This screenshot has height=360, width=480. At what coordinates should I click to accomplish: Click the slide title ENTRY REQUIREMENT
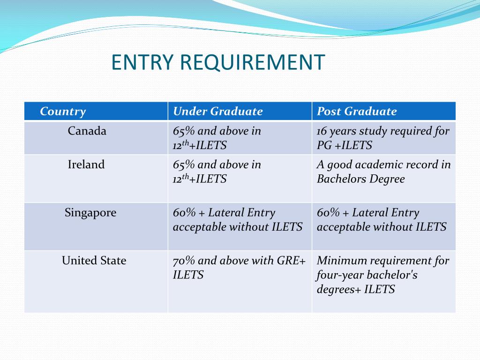(218, 63)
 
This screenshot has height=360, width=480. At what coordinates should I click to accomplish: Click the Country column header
(63, 112)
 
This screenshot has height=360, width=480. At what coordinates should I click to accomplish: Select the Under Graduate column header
(217, 112)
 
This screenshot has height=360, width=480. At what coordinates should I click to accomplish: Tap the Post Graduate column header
(357, 112)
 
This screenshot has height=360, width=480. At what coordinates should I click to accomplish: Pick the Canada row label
(87, 131)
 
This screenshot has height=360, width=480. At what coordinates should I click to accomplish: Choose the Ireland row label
(86, 165)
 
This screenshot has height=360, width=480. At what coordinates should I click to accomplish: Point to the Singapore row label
(90, 213)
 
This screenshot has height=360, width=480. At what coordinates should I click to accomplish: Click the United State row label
(94, 261)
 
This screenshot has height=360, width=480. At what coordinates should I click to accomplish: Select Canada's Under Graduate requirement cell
(217, 138)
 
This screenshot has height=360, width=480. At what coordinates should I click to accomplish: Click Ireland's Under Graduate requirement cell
(217, 172)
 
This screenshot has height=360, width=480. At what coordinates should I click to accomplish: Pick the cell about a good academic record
(383, 172)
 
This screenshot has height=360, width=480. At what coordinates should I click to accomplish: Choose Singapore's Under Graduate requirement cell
(237, 220)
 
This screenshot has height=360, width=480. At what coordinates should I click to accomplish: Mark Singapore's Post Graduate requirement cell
(382, 220)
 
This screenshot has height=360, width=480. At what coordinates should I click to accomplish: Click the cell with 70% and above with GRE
(239, 268)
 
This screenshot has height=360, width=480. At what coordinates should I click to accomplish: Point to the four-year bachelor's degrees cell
(382, 275)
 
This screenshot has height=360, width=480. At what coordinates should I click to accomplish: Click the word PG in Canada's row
(324, 146)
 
